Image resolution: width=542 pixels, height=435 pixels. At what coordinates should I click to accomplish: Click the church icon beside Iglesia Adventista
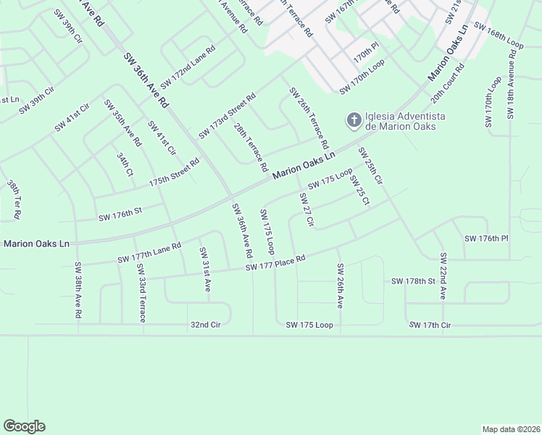[x=354, y=120]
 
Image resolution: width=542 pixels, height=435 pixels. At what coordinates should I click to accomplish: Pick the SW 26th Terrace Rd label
[x=309, y=115]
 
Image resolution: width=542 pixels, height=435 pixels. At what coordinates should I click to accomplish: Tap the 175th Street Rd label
[x=174, y=175]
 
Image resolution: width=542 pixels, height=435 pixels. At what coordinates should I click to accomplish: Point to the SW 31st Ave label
[x=204, y=270]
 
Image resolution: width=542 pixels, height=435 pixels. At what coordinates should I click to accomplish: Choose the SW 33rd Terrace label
[x=141, y=294]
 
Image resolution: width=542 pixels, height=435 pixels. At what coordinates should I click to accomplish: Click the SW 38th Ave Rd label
[x=78, y=290]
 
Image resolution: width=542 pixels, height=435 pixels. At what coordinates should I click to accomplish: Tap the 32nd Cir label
[x=205, y=325]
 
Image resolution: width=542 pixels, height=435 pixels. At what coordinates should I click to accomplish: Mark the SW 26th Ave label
[x=339, y=286]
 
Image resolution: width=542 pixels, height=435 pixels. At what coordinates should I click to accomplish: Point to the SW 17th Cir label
[x=430, y=326]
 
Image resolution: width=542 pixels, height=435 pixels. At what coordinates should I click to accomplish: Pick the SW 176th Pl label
[x=487, y=238]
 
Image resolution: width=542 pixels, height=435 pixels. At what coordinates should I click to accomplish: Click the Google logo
[x=24, y=426]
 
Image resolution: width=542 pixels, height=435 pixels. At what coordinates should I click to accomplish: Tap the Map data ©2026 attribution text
[x=511, y=429]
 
